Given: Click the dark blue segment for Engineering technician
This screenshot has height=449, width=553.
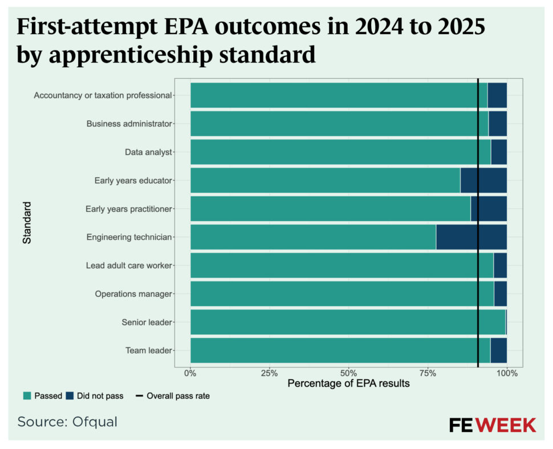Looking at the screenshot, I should pos(471,237).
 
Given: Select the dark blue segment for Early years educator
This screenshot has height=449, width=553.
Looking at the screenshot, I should pos(483,180).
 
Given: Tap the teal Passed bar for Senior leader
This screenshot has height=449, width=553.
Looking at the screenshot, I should pos(347,322).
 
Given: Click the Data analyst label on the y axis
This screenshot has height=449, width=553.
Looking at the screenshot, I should pos(148,152).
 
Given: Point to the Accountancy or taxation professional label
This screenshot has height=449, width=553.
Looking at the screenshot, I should pos(103,95).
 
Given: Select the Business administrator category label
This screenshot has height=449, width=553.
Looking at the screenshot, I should pos(129,124).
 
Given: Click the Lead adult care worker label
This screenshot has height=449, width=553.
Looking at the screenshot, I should pos(129,266).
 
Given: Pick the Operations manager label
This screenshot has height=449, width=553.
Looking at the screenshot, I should pos(133,294).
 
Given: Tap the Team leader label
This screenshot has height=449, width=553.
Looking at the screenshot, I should pos(148,350).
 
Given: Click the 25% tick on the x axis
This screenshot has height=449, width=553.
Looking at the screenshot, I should pos(269,373).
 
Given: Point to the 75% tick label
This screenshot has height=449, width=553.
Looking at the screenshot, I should pos(428,373).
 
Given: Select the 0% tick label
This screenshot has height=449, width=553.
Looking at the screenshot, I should pos(190,373).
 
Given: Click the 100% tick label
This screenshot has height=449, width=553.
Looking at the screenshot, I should pos(506,373).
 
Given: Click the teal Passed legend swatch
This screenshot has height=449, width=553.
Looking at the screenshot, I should pos(27,396).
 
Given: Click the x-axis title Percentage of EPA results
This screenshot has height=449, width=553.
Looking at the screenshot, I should pos(348,383).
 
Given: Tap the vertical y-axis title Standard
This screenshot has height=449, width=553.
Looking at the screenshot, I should pos(27,222).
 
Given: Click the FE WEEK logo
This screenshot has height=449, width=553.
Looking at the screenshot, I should pos(492,425).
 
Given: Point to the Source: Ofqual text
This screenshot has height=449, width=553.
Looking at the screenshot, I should pos(67,422).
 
